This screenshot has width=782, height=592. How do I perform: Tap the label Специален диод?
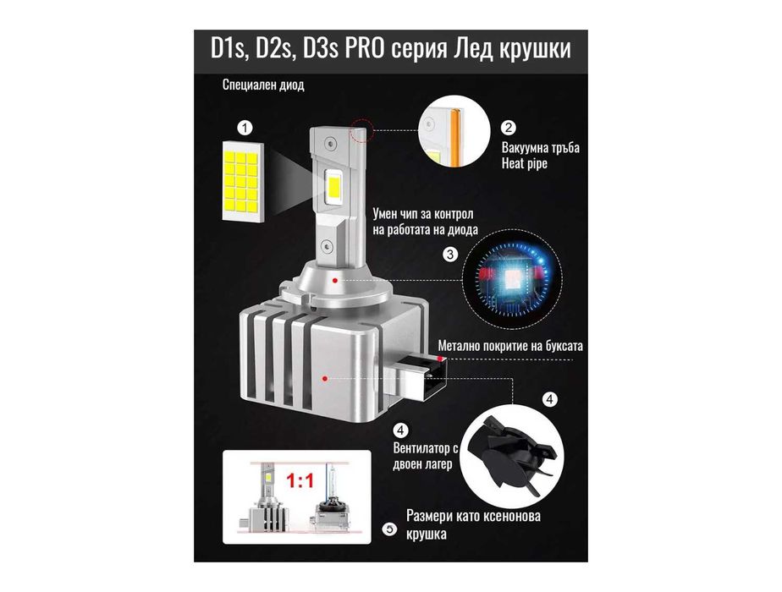point(262,85)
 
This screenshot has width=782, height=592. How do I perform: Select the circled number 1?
point(245,129)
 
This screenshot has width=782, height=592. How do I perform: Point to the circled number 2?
point(509,129)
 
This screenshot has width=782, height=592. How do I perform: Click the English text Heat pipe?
point(525,163)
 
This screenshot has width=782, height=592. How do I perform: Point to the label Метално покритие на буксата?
point(510,346)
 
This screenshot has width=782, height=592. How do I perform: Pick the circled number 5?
point(388,530)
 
